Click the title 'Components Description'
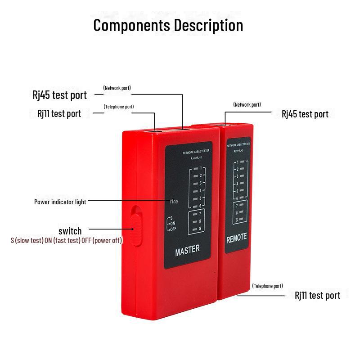(x=168, y=25)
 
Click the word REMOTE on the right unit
(x=236, y=239)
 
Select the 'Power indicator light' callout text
(x=60, y=202)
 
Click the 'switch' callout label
(x=70, y=231)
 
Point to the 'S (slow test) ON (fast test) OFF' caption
(x=66, y=240)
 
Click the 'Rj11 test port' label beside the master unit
(x=59, y=113)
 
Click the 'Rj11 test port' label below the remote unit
(x=317, y=295)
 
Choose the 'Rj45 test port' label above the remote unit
(x=305, y=114)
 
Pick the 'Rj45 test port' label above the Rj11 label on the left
(x=59, y=95)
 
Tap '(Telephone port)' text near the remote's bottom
(x=267, y=286)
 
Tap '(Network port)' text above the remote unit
(x=247, y=104)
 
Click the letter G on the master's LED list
(x=199, y=229)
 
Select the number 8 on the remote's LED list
(x=237, y=212)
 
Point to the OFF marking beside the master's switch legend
(x=172, y=229)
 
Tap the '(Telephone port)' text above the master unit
(x=118, y=107)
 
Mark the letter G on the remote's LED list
(x=237, y=220)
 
